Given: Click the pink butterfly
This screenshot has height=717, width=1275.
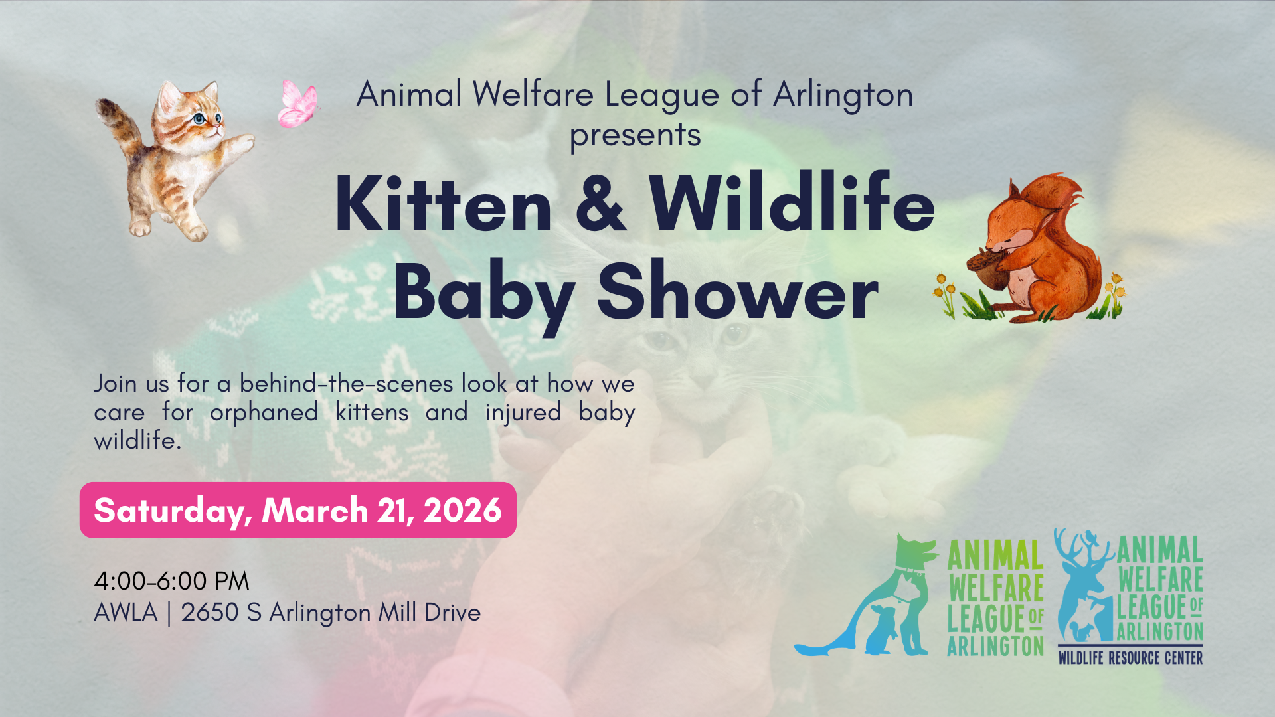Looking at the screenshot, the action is tap(298, 104).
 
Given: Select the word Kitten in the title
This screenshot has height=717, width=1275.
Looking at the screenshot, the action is tap(444, 204).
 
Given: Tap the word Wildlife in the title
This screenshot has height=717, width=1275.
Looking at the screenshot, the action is tap(792, 202).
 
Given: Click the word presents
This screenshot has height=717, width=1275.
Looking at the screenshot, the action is tap(636, 136).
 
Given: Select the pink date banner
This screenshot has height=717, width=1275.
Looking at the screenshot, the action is tap(298, 510).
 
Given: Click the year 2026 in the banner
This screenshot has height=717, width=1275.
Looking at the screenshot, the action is tap(463, 510).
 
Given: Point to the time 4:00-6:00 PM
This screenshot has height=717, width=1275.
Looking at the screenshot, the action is tap(171, 581).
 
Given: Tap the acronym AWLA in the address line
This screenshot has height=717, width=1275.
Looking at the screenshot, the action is tap(126, 612).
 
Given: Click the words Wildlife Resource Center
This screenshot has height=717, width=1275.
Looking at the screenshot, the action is tap(1130, 658).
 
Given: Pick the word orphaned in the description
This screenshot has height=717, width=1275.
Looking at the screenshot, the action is tap(264, 413).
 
